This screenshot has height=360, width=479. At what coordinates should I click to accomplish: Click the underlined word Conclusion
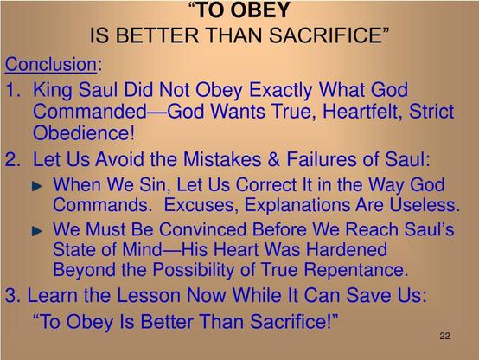pos(51,65)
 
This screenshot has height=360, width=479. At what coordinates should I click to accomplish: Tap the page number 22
pos(444,336)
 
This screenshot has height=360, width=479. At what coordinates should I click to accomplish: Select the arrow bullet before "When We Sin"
pos(36,186)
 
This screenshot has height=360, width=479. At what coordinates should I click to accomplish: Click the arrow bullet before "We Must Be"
pos(36,231)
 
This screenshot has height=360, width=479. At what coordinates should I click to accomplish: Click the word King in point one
pos(53,91)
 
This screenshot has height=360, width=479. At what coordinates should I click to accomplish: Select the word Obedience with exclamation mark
pos(84,133)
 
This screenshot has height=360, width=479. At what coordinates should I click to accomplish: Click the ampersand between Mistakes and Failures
pos(273,159)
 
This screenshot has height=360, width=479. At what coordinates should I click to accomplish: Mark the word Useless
pos(425,204)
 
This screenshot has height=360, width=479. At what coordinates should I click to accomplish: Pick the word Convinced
pos(202,229)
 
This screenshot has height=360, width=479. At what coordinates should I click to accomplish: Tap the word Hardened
pos(347,249)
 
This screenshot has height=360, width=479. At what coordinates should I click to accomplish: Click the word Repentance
pos(355,270)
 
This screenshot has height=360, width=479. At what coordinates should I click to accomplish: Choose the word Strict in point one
pos(431,111)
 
